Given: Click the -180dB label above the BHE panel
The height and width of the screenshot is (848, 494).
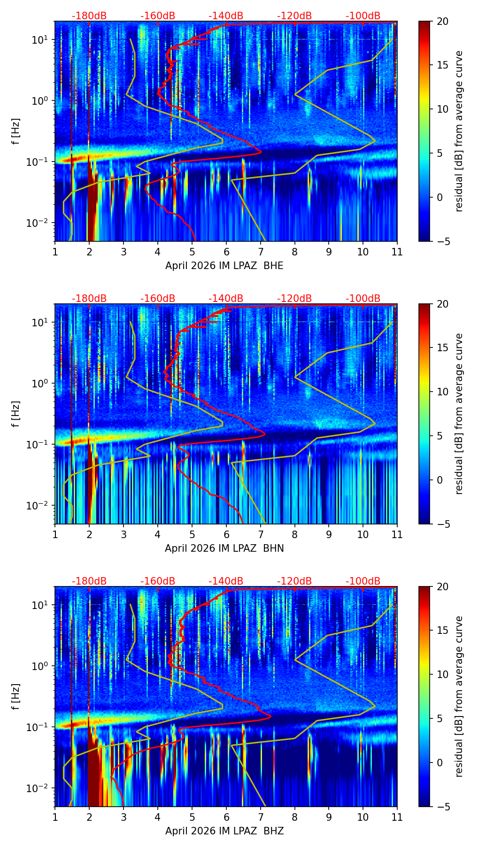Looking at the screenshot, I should click(89, 16).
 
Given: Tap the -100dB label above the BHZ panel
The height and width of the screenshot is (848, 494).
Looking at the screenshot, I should click(363, 581).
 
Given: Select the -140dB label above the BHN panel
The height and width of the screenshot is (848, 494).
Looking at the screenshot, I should click(226, 299).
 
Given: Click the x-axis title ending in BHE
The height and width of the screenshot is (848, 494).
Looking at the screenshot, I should click(224, 266).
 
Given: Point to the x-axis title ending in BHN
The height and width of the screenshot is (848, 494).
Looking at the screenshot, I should click(224, 548).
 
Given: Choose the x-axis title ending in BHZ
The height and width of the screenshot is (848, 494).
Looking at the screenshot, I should click(224, 831).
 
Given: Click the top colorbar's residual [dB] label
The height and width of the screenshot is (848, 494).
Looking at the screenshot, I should click(459, 131).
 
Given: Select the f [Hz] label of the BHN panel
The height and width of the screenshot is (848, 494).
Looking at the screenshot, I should click(16, 414).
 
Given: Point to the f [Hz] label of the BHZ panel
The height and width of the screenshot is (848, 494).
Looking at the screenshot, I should click(16, 696).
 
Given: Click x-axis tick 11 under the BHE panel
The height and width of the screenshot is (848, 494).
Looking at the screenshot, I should click(397, 252).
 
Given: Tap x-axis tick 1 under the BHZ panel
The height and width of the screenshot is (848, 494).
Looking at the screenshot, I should click(55, 817).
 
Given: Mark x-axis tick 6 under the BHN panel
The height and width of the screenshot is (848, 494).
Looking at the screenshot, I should click(226, 534).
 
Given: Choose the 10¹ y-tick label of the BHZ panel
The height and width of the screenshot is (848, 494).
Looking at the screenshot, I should click(43, 604).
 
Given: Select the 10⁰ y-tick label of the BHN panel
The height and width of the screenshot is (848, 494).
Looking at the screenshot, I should click(43, 383).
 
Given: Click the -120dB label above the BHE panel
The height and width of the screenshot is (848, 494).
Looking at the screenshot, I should click(294, 16).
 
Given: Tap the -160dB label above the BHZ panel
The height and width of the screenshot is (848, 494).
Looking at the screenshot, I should click(158, 581).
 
